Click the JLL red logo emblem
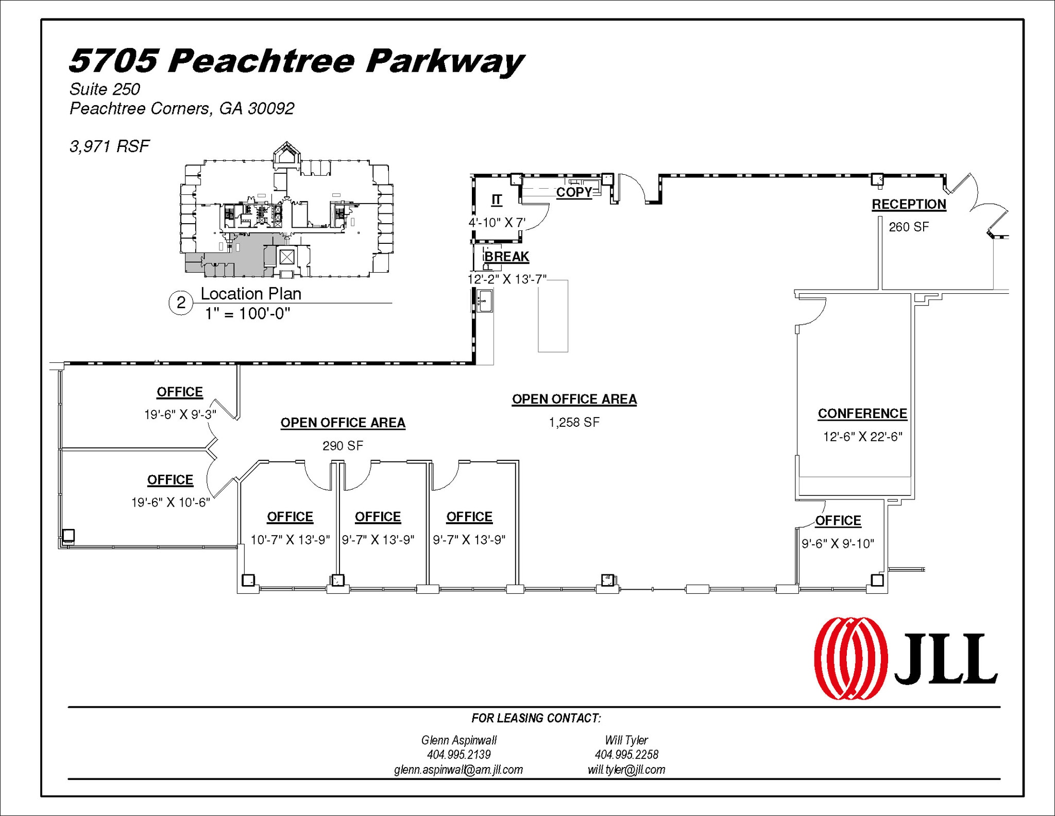850,658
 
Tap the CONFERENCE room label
862,413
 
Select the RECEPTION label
909,204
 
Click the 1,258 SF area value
574,423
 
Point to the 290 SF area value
343,445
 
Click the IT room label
496,199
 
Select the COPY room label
574,192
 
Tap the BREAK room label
506,256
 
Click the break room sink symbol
485,300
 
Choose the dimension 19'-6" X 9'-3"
180,414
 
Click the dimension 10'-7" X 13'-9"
290,540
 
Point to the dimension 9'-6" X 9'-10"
838,543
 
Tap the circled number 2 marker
181,303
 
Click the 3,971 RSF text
109,146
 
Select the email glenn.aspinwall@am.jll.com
458,770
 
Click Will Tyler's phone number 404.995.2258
626,755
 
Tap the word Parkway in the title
445,61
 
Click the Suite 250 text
105,89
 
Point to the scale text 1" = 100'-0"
247,313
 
